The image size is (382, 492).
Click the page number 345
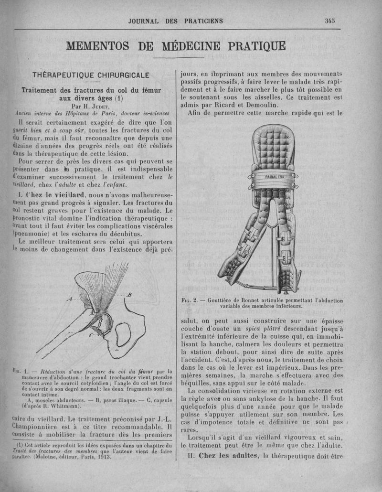329,21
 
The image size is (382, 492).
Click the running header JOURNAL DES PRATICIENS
175,21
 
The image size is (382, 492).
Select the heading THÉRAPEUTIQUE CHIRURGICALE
91,75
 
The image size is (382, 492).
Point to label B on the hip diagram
128,295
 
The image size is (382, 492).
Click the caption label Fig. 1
17,371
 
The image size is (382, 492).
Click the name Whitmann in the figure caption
65,406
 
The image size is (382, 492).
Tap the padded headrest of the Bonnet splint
273,143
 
